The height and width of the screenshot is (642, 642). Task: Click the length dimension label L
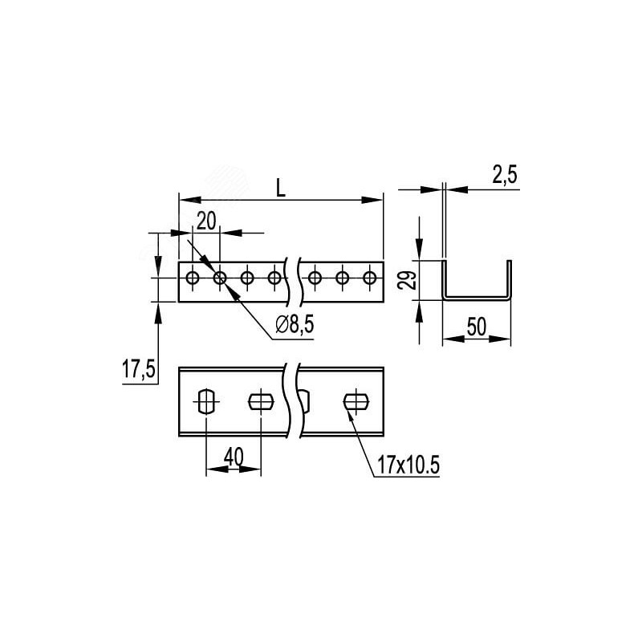tap(280, 188)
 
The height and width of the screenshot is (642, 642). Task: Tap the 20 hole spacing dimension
tap(206, 221)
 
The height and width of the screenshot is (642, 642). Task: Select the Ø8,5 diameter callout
tap(295, 325)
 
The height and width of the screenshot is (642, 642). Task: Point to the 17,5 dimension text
tap(139, 368)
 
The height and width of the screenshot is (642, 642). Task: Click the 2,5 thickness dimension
tap(505, 174)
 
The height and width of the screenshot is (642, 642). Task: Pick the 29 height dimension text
tap(408, 280)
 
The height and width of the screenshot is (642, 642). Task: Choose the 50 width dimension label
tap(477, 327)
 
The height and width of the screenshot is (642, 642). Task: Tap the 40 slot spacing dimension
tap(234, 457)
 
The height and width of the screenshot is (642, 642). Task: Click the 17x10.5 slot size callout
tap(408, 465)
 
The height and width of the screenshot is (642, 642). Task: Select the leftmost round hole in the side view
tap(192, 278)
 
